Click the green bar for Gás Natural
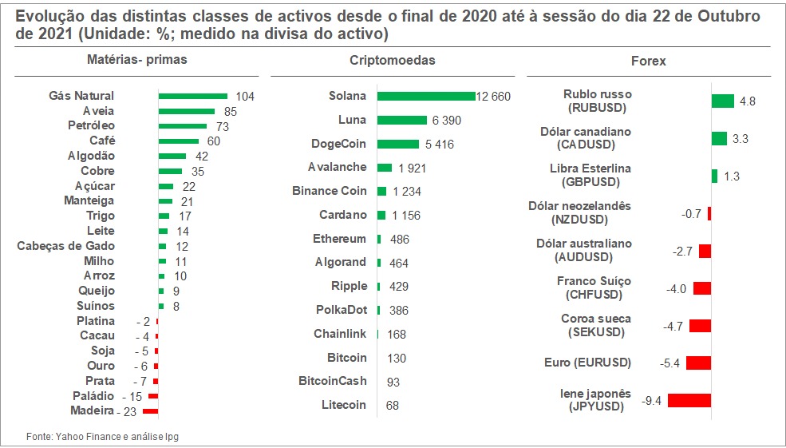click(193, 96)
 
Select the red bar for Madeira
click(150, 411)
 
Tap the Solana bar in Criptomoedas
click(426, 96)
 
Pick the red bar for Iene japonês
click(689, 400)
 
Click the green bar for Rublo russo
click(722, 101)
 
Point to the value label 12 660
click(493, 97)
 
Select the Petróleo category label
click(91, 125)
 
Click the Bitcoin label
click(347, 357)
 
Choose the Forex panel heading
click(648, 61)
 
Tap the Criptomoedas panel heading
click(393, 61)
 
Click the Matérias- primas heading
click(138, 60)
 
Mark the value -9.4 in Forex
click(653, 401)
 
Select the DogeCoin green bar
click(398, 144)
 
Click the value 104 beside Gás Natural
click(244, 97)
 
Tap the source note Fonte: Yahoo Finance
click(109, 436)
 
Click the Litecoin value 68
click(392, 406)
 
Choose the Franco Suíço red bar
click(702, 288)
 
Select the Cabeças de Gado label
click(65, 246)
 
